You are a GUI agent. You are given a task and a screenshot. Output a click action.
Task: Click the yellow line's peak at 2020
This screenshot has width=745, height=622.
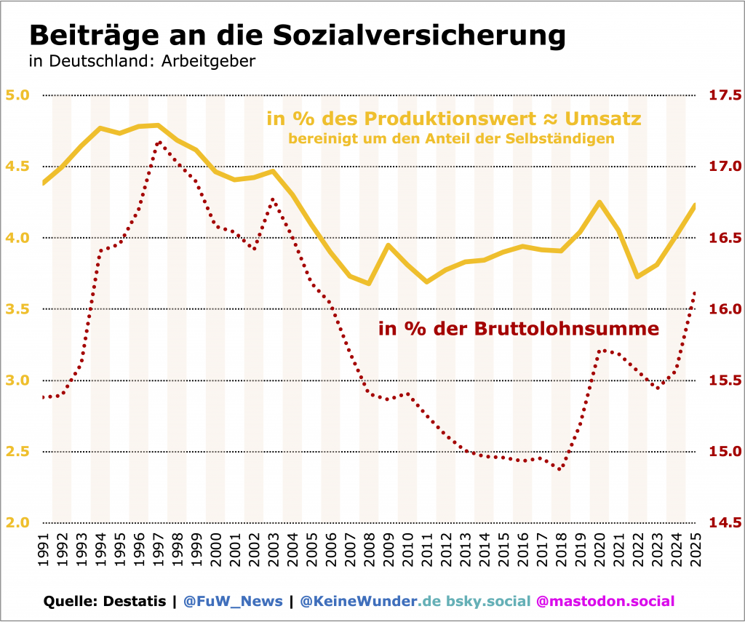599,202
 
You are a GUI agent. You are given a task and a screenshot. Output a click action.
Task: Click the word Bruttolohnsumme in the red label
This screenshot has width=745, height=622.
567,329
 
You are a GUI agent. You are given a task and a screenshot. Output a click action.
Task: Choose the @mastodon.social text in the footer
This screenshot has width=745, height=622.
605,601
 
